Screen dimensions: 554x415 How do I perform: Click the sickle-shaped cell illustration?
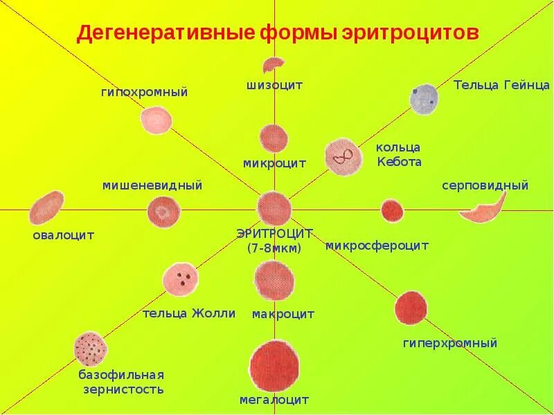tap(482, 209)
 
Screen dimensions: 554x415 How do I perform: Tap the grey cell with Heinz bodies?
tap(424, 99)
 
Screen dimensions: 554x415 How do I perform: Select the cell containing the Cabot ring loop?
tap(343, 156)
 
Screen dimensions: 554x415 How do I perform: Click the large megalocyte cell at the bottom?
tap(275, 365)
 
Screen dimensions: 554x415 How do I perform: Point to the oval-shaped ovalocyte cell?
tap(46, 207)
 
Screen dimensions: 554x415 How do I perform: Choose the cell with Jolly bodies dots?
tap(181, 279)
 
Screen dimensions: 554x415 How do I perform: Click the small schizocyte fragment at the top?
tap(272, 64)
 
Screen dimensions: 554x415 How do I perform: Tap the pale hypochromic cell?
tap(157, 120)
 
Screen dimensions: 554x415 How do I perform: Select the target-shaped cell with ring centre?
tap(164, 212)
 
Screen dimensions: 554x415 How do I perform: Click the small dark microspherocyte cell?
tap(392, 210)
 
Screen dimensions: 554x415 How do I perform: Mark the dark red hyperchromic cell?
tap(411, 308)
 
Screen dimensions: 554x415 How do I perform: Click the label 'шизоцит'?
tap(275, 85)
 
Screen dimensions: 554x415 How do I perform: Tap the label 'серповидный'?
tap(485, 185)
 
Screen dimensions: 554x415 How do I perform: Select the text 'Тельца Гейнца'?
tap(501, 85)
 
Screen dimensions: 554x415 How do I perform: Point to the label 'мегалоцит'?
tap(274, 400)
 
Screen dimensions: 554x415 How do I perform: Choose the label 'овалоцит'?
tap(64, 235)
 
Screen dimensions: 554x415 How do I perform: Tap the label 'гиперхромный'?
tap(450, 343)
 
